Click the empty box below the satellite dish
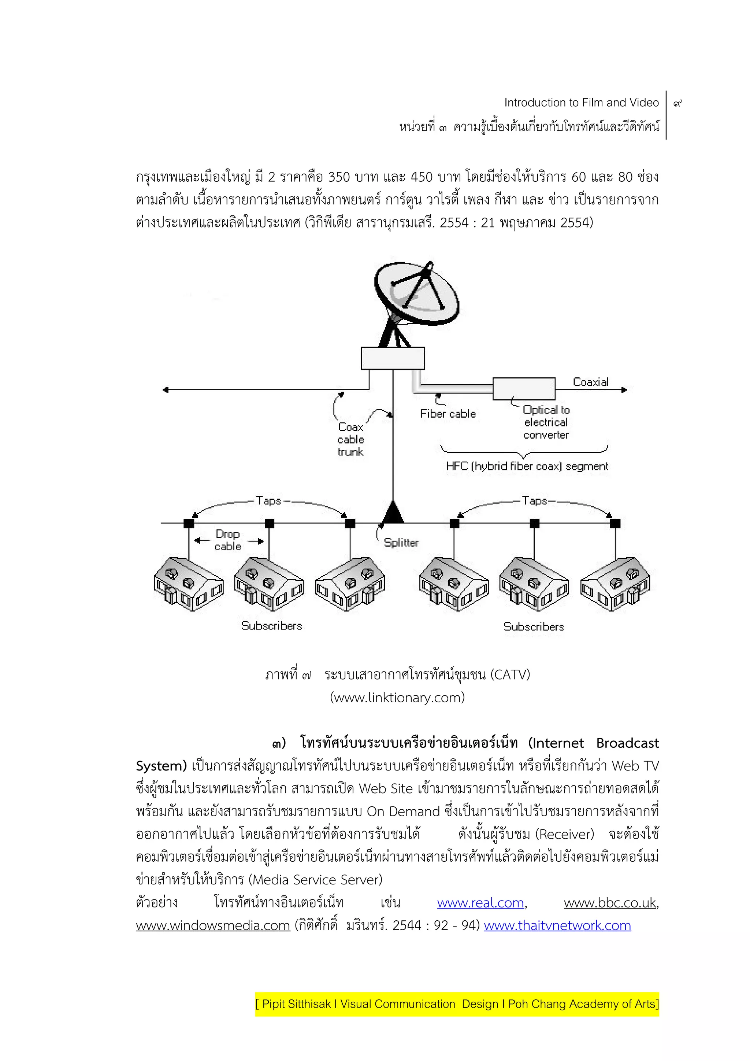click(x=393, y=358)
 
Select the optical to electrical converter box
click(x=524, y=389)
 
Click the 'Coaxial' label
click(x=591, y=382)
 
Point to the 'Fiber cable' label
click(x=448, y=414)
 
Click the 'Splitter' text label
click(x=401, y=543)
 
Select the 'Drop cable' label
click(x=228, y=540)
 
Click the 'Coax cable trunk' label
click(x=350, y=440)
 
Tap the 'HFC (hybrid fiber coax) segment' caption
click(x=527, y=466)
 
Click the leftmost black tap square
click(x=189, y=524)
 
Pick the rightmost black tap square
click(x=615, y=524)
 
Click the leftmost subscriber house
click(x=189, y=585)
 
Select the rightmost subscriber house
click(x=615, y=585)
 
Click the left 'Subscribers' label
click(x=272, y=626)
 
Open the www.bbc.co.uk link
click(x=610, y=903)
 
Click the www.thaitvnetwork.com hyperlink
click(x=557, y=925)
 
